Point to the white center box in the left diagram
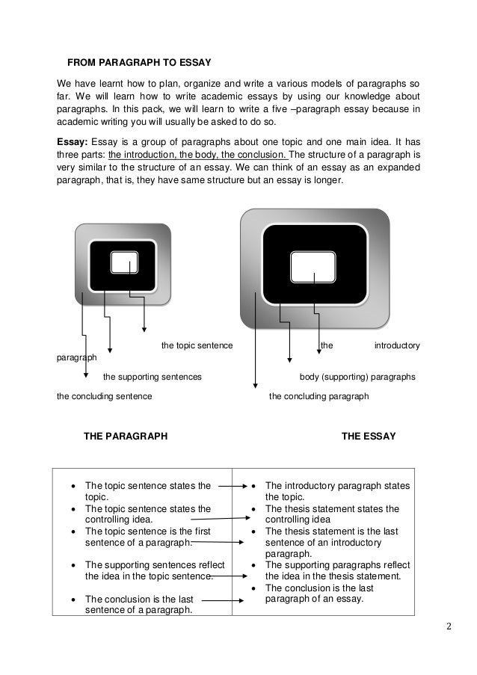coord(124,262)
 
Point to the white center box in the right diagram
coord(313,266)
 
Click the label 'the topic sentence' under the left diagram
coord(197,345)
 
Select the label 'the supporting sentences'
coord(151,377)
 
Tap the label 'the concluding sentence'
coord(105,396)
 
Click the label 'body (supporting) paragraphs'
coord(357,377)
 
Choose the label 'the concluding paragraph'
coord(318,396)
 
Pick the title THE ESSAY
coord(369,436)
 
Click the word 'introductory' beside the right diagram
coord(396,345)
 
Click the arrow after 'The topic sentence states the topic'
coord(233,487)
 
